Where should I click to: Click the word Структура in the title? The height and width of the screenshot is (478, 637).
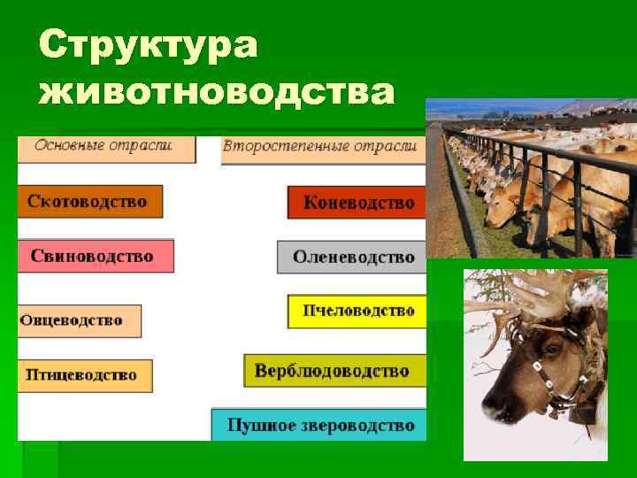click(149, 44)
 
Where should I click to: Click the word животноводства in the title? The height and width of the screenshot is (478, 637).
click(217, 91)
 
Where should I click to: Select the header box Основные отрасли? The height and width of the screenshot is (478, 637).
click(106, 147)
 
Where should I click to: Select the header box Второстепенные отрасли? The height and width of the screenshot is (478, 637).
click(320, 148)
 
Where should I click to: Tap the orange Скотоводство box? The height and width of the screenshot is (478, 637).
click(88, 202)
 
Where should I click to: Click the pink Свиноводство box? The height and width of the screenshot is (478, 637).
click(94, 256)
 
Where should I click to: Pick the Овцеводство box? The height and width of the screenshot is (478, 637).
click(79, 320)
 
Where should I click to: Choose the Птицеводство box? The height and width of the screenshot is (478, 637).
click(83, 375)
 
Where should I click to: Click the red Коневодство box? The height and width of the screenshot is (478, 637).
click(357, 203)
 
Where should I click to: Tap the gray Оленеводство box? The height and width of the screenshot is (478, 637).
click(353, 258)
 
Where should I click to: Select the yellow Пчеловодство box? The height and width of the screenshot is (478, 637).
click(357, 312)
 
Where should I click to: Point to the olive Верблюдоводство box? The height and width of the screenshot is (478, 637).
click(334, 371)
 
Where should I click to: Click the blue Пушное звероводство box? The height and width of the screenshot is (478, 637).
click(319, 425)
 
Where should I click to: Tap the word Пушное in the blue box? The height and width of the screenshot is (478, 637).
click(251, 426)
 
